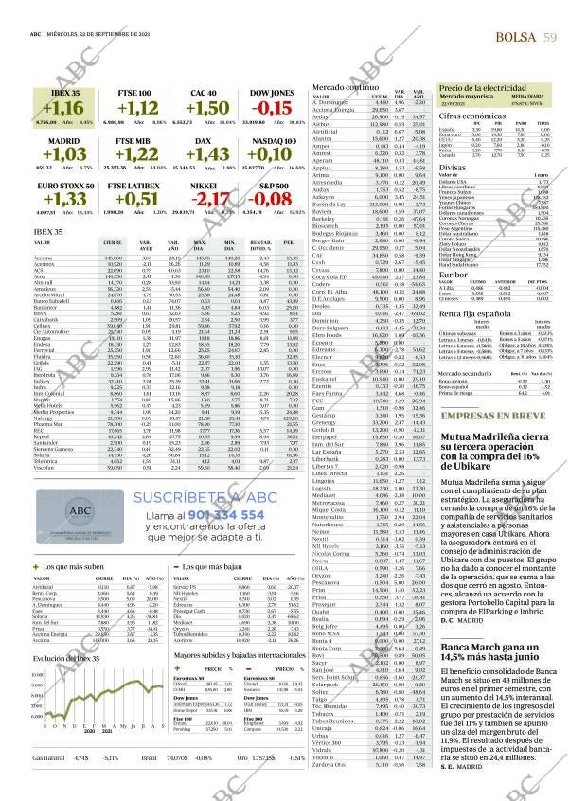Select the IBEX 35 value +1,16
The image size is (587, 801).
tap(64, 108)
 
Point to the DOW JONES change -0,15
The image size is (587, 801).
tap(270, 108)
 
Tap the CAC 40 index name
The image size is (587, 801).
tap(203, 92)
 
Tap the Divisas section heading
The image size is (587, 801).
tap(451, 166)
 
